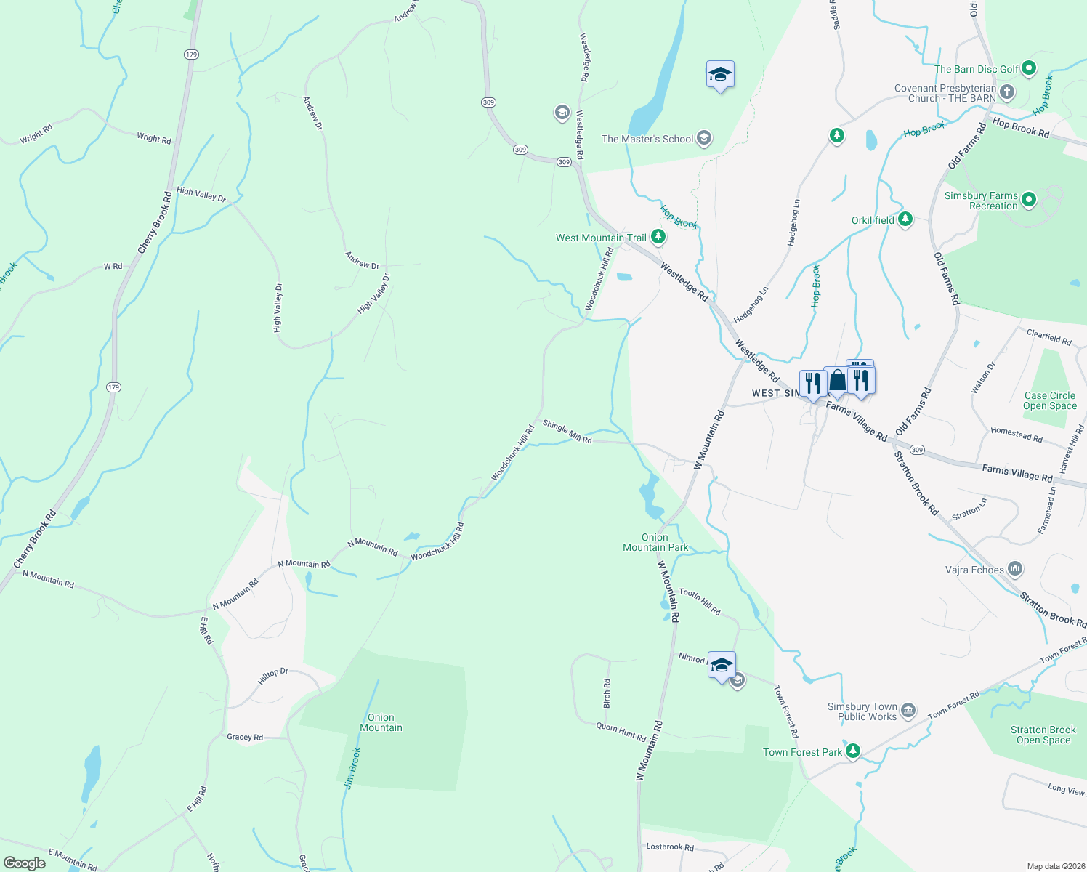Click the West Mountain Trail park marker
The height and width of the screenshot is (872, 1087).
click(658, 237)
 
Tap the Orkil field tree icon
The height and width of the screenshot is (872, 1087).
click(905, 219)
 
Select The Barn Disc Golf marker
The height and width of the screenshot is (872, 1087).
click(1028, 69)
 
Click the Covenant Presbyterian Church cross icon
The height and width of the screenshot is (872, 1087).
click(1006, 92)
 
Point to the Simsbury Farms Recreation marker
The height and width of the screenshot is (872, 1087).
click(1028, 200)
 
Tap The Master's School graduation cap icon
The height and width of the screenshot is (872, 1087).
click(703, 138)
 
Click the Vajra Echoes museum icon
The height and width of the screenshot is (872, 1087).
click(1015, 569)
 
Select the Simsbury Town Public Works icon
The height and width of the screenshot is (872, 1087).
click(908, 711)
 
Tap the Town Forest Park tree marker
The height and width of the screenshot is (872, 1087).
click(852, 751)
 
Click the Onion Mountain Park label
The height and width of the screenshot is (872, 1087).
click(655, 542)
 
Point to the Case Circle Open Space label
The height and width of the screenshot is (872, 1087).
click(1049, 401)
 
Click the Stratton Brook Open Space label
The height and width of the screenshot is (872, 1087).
click(1043, 735)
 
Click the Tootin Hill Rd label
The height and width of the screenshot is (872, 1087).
click(699, 602)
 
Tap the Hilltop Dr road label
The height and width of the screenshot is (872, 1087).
click(273, 676)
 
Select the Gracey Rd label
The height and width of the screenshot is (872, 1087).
click(245, 737)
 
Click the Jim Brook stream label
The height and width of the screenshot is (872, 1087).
click(352, 768)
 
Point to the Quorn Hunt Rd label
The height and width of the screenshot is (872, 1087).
click(621, 732)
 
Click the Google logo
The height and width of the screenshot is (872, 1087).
click(25, 863)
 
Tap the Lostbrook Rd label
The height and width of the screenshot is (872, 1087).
click(670, 847)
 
